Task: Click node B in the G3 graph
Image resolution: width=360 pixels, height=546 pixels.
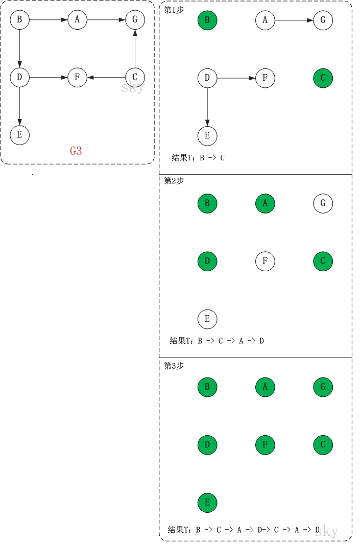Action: pos(19,20)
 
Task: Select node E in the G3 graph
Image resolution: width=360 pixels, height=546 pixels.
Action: pos(19,135)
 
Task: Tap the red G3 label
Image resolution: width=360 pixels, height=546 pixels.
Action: pos(76,151)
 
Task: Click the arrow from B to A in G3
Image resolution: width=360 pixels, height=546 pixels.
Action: pos(49,20)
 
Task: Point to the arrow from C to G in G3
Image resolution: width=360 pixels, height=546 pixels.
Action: pos(135,49)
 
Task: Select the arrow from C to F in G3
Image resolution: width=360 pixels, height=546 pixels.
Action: pos(106,78)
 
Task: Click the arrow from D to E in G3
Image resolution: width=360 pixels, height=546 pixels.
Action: pos(19,106)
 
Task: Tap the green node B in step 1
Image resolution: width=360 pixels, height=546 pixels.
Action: pos(207,20)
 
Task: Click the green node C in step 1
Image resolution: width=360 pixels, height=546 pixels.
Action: pos(323,78)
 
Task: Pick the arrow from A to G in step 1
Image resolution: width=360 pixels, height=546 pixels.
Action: pos(294,20)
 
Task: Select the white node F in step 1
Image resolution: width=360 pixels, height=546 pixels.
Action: pos(265,78)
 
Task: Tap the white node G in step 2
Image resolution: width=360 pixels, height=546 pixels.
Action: pos(323,203)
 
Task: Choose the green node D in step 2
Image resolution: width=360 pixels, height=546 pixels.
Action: pos(207,261)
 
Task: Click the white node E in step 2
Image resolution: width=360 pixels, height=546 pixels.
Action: pos(207,319)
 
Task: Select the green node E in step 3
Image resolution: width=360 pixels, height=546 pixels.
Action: pos(207,503)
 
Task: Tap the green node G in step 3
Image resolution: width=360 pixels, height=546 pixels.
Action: pos(323,387)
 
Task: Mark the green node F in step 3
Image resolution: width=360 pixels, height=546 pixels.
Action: pos(265,445)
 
